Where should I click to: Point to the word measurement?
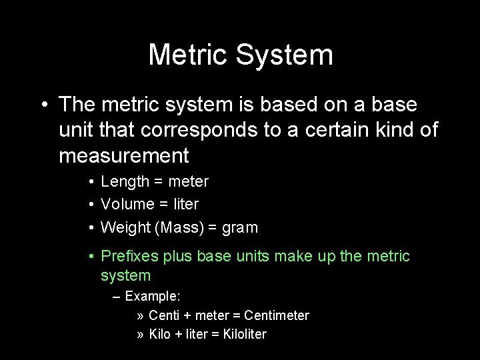(x=124, y=155)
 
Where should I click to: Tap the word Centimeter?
(x=277, y=315)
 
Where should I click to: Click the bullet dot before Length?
(x=91, y=181)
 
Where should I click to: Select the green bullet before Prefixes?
(x=91, y=256)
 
